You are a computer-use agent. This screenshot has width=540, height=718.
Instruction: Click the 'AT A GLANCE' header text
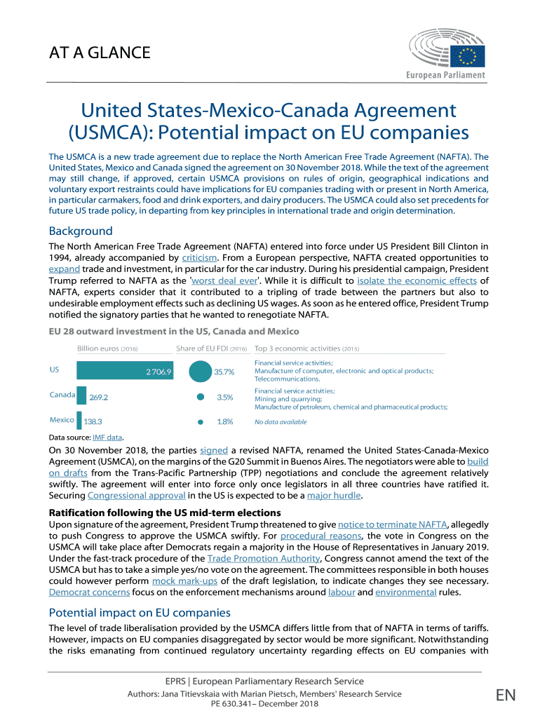coord(99,53)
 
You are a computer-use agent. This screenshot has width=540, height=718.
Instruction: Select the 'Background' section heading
coord(80,231)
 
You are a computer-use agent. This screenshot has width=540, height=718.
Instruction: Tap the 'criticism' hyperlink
coord(199,257)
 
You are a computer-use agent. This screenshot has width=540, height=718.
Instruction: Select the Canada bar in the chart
coord(81,395)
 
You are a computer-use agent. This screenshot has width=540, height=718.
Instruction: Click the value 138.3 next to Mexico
coord(93,421)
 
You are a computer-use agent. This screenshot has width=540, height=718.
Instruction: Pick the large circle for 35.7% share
coord(201,371)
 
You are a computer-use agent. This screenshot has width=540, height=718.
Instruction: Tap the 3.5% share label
coord(224,397)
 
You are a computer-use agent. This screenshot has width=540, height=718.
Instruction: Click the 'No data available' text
coord(280,422)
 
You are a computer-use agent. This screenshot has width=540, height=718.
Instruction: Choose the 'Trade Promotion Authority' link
coord(264,558)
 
